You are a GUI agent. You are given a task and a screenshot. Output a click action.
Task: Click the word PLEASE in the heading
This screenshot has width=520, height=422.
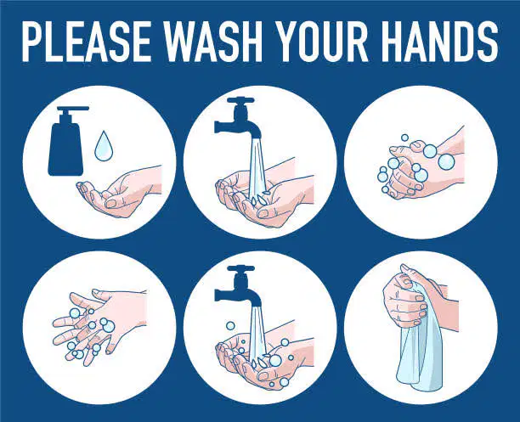[x=86, y=42]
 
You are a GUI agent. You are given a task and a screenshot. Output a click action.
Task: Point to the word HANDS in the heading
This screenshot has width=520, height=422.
[x=441, y=42]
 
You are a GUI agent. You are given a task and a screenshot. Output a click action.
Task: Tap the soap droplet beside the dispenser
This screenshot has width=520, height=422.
[x=103, y=146]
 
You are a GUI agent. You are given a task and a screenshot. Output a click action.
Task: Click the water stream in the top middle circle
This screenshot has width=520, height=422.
[x=257, y=166]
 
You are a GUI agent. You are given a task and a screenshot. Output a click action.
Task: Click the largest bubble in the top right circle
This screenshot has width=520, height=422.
[x=446, y=162]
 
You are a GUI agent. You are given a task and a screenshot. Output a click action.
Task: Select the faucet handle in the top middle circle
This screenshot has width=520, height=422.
[x=240, y=99]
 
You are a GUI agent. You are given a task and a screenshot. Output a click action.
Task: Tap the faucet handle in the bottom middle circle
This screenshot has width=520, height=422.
[x=240, y=267]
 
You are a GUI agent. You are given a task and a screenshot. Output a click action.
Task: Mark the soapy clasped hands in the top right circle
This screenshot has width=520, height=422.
[x=421, y=164]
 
